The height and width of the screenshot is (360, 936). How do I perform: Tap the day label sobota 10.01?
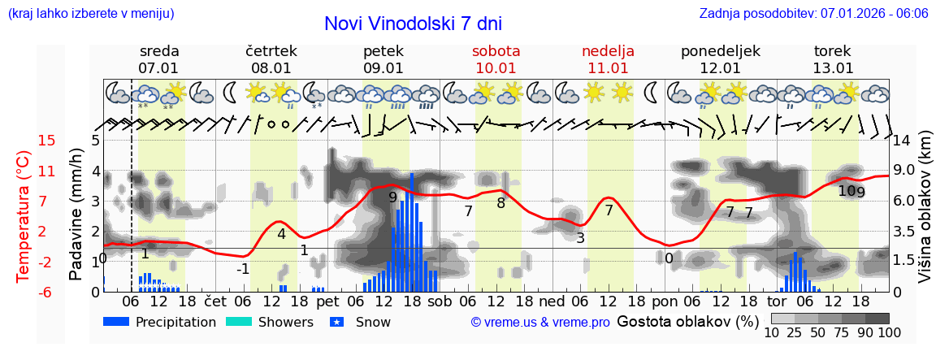coord(496,59)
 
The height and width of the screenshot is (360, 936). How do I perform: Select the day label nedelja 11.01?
coord(608,59)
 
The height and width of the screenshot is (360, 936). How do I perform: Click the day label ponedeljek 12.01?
coord(720,59)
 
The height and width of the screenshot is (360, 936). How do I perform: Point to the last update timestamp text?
coord(813,14)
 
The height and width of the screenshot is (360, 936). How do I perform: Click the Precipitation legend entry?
coord(159,322)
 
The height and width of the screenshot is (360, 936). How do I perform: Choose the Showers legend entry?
coord(268,322)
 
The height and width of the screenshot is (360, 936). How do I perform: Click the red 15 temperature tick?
coord(24,141)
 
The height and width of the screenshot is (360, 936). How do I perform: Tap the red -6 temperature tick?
coord(24,292)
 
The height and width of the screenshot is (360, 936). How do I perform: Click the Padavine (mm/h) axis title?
coord(76,214)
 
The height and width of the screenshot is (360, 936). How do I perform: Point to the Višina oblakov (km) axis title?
coord(925,214)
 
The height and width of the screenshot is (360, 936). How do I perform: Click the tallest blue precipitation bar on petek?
coord(412,232)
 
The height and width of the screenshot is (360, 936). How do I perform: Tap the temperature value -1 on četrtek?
coord(243,269)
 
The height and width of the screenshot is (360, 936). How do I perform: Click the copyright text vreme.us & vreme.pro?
coord(539,323)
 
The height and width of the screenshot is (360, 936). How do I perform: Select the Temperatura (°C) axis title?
coord(24,215)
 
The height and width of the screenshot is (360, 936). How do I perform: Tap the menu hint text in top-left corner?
coord(90,14)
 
